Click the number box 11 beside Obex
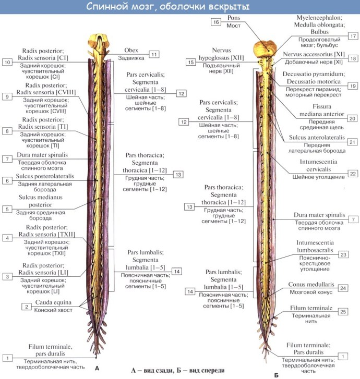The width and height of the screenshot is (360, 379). (x=153, y=54)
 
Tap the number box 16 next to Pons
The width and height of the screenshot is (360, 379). (x=216, y=22)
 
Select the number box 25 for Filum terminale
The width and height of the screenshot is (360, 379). (x=342, y=312)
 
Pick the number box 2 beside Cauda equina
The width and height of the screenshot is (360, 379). (x=26, y=307)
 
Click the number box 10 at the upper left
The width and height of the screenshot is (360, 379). (x=7, y=62)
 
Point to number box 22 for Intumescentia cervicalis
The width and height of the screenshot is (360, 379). (x=353, y=173)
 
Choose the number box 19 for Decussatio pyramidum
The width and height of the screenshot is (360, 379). (x=353, y=85)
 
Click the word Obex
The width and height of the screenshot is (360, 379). (x=131, y=50)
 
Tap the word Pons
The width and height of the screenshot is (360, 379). (x=234, y=18)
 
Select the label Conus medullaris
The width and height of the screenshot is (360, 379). (x=311, y=285)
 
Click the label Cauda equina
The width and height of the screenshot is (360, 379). (x=51, y=303)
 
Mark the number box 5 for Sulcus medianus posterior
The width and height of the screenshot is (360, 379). (x=7, y=209)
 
